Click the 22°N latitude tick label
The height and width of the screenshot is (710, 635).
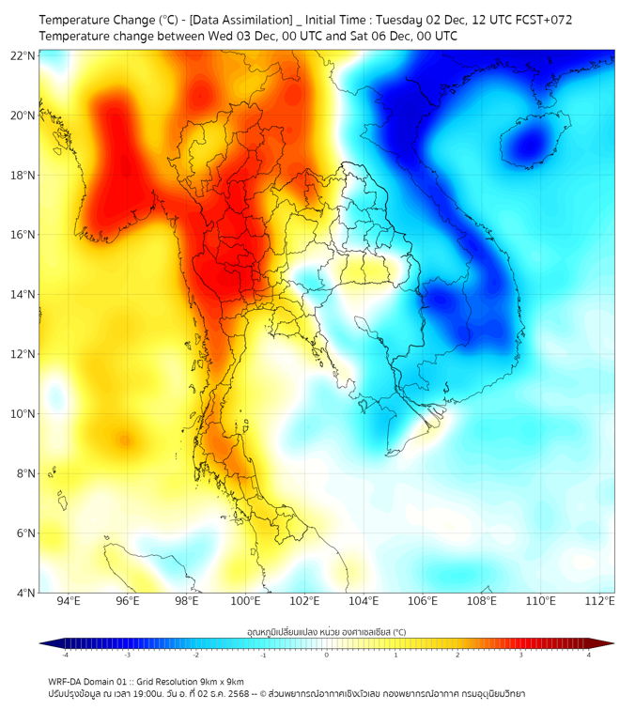tap(23, 56)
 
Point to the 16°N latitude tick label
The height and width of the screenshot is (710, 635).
tap(23, 235)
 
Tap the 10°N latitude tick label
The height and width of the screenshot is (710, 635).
tap(23, 414)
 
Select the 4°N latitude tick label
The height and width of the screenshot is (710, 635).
tap(24, 593)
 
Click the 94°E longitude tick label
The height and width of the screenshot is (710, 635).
tap(69, 601)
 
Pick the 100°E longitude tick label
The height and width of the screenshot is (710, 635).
tap(245, 601)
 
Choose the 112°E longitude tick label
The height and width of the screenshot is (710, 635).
tap(600, 601)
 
